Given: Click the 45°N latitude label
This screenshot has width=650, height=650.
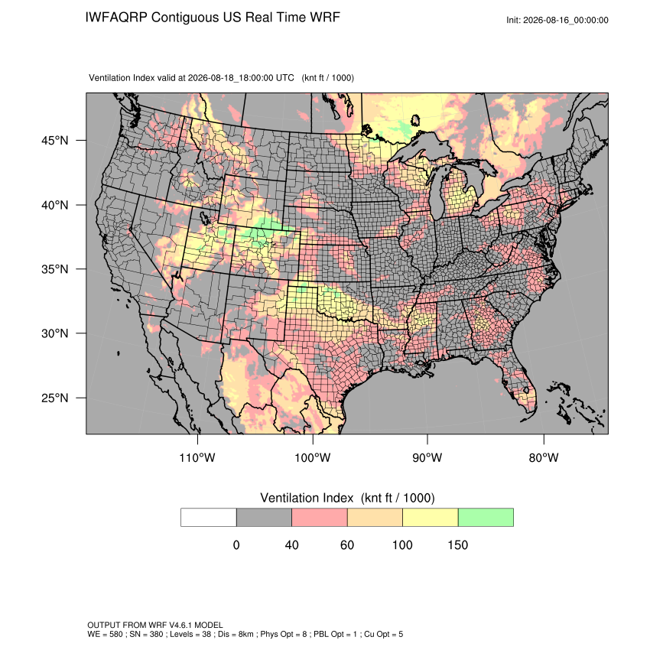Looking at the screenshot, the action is pyautogui.click(x=55, y=141).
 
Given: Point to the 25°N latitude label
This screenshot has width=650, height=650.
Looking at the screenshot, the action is pyautogui.click(x=55, y=398).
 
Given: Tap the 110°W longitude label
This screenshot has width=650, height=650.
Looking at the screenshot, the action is pyautogui.click(x=197, y=457).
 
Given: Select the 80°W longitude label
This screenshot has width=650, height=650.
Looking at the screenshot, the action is pyautogui.click(x=544, y=457).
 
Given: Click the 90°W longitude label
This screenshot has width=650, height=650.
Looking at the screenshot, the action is pyautogui.click(x=427, y=457).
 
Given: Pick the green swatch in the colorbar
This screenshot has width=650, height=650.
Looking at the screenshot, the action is pyautogui.click(x=486, y=518).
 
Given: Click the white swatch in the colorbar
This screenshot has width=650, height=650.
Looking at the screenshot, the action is pyautogui.click(x=209, y=518).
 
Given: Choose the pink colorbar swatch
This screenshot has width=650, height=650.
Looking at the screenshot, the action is pyautogui.click(x=320, y=518).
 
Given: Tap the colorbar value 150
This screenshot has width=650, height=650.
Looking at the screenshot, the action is pyautogui.click(x=457, y=544).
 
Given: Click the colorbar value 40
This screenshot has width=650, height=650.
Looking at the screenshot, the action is pyautogui.click(x=292, y=544).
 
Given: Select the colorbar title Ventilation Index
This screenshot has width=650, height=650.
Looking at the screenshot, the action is pyautogui.click(x=307, y=498).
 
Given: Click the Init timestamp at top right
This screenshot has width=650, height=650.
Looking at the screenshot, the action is pyautogui.click(x=557, y=20).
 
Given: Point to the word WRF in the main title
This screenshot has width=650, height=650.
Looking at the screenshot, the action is pyautogui.click(x=326, y=18).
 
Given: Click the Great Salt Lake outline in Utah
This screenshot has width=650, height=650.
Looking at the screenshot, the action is pyautogui.click(x=204, y=218).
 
